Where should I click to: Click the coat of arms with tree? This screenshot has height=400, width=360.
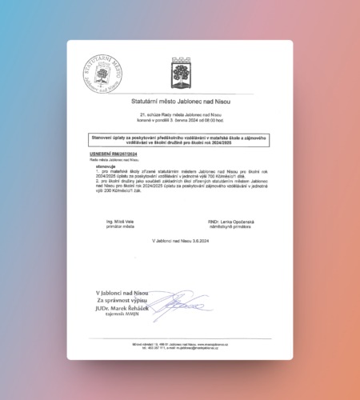tap(180, 75)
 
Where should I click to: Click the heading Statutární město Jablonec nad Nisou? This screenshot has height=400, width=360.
tap(180, 102)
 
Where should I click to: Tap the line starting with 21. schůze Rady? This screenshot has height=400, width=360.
tap(180, 116)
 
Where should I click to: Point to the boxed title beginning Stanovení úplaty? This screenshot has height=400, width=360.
tap(180, 139)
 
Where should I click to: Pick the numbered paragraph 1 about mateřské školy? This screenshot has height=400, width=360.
tap(180, 175)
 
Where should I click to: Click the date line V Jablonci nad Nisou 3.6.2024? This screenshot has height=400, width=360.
tap(180, 240)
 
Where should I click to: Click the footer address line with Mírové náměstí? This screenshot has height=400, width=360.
tap(180, 343)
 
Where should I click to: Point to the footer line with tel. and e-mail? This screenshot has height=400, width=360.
tap(180, 347)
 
